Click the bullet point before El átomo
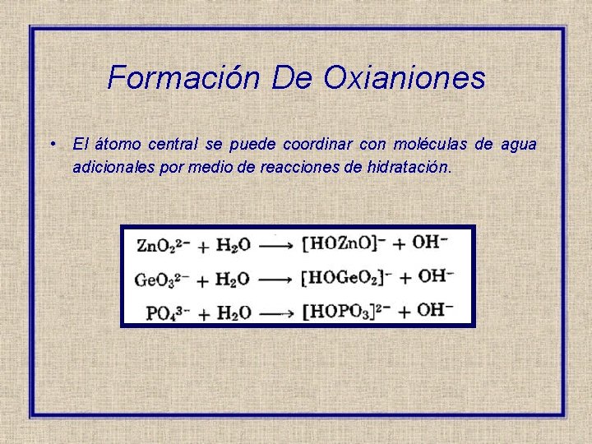(x=52, y=144)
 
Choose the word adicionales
(x=113, y=167)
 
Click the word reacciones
(x=300, y=167)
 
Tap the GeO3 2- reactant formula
(x=163, y=279)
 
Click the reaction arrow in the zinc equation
(x=279, y=244)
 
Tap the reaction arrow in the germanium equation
(x=279, y=279)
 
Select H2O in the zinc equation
(x=233, y=244)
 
